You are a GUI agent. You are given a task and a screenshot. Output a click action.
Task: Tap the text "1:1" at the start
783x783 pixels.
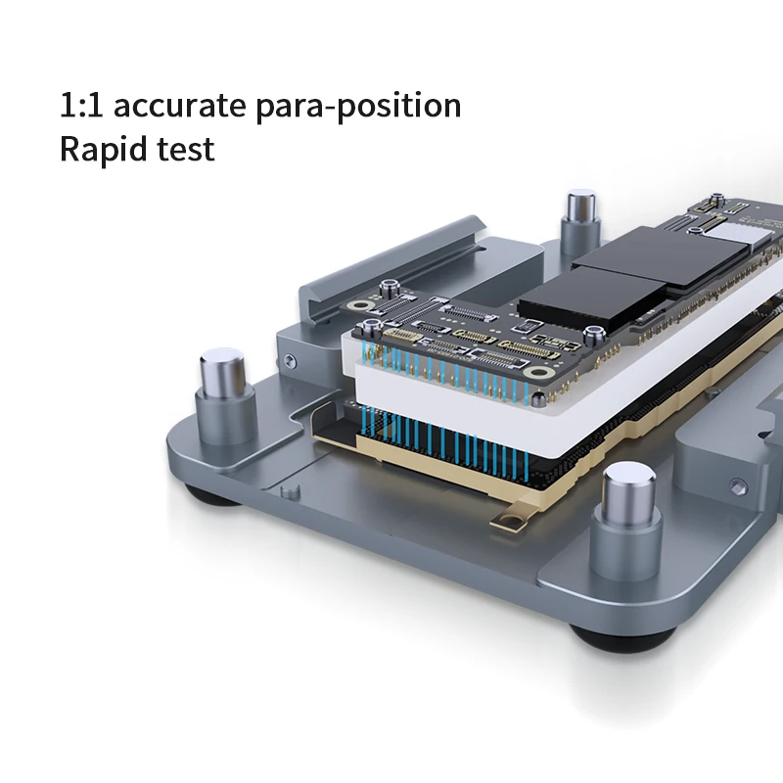tap(79, 106)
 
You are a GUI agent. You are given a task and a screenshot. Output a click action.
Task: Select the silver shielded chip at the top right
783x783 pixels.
tap(753, 228)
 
